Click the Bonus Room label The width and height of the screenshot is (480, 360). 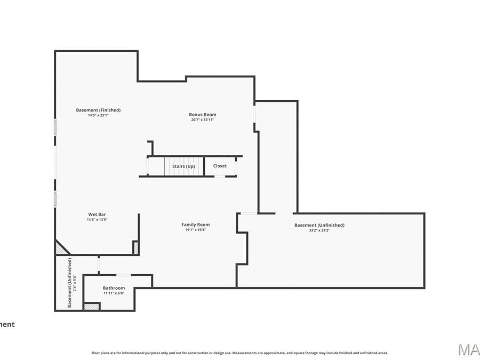coord(202,115)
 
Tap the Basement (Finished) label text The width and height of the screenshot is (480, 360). coord(98,110)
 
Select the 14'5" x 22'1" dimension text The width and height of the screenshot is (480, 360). coord(98,115)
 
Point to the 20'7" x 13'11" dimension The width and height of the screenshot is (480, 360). coord(202,120)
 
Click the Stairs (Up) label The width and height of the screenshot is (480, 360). coord(183,166)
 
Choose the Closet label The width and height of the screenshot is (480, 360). coord(220,166)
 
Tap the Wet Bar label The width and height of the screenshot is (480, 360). coord(97,214)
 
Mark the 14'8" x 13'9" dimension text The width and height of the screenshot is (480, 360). coord(97,220)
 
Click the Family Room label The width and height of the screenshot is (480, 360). coord(195,225)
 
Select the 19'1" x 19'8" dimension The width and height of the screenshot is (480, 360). coord(195,230)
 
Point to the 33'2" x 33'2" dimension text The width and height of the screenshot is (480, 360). coord(319,230)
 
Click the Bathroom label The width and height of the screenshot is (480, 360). coord(114,287)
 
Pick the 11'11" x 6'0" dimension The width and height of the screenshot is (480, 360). coord(114,293)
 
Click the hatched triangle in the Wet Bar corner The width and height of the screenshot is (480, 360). coord(60,248)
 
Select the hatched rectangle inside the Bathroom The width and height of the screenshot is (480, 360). coord(92,306)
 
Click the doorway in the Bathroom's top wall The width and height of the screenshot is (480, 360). coord(123,275)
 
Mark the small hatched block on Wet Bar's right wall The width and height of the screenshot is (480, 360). coord(135,247)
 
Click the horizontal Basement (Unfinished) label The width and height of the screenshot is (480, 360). coord(319,225)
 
